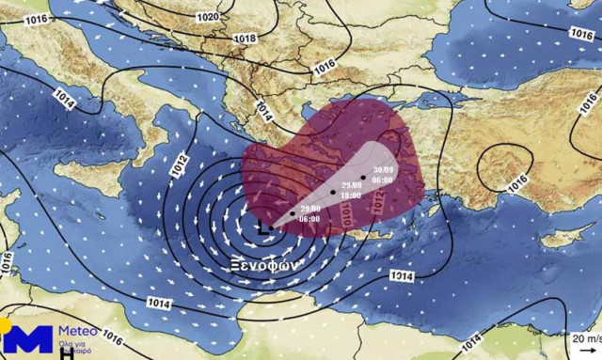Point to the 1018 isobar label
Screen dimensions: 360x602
[x=243, y=39]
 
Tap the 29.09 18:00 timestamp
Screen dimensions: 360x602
[x=350, y=191]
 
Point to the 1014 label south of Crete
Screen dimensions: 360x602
[x=404, y=275]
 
